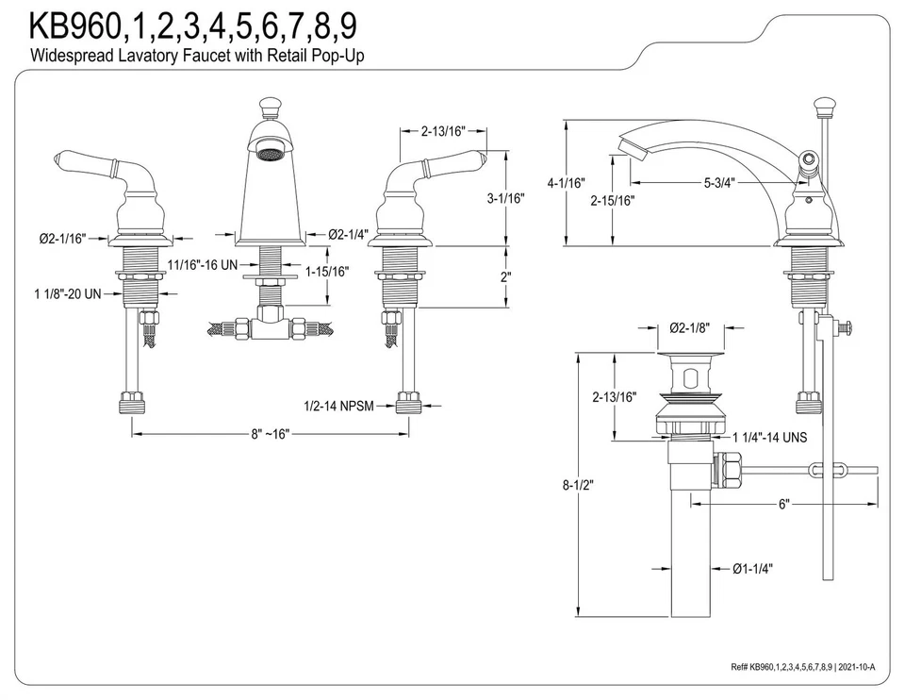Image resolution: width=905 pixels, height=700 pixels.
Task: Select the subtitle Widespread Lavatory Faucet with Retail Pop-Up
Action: pos(198,56)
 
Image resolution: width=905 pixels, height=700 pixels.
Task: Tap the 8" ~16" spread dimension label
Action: pos(270,434)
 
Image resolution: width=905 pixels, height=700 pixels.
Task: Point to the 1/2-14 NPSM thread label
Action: pos(338,406)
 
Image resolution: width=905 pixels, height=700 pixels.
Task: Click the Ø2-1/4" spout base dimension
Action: pos(348,234)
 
